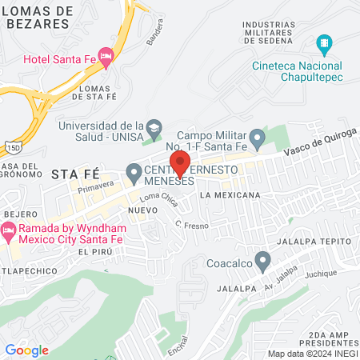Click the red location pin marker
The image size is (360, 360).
(180, 162)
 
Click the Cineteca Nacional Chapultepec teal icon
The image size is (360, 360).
(324, 42)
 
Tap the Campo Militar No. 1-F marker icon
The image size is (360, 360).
(257, 140)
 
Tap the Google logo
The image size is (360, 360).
(26, 350)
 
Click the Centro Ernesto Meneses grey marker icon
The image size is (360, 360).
(134, 171)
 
